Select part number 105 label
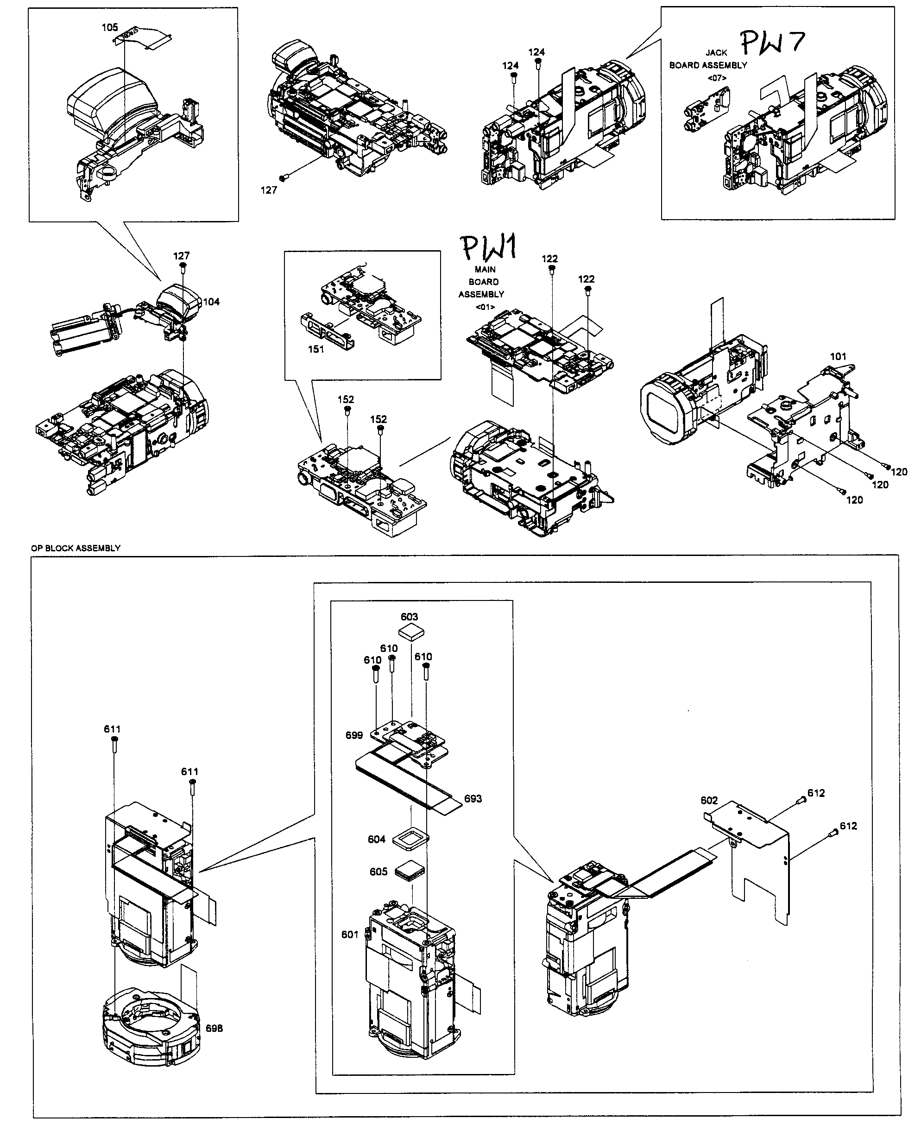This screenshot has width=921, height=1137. [110, 28]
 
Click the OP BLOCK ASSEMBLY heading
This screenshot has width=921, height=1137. [76, 548]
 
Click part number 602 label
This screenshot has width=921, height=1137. [709, 800]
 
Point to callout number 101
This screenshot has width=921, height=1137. [838, 357]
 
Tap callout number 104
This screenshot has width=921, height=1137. [211, 302]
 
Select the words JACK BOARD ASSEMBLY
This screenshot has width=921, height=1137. [708, 59]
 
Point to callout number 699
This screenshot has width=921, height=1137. [354, 735]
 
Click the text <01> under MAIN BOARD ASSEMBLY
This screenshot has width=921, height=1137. [485, 307]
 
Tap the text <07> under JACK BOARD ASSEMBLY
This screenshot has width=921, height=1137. [717, 78]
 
